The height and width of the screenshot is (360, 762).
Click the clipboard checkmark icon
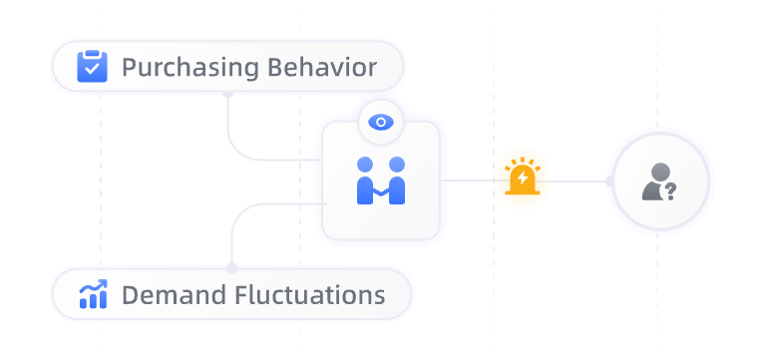tap(92, 67)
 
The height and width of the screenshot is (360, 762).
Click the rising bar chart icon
tap(92, 294)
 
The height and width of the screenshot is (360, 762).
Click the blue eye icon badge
tap(380, 122)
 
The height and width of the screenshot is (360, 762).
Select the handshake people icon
tap(381, 180)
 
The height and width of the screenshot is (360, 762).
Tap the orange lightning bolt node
tap(523, 179)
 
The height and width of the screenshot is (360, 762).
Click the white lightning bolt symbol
tap(523, 179)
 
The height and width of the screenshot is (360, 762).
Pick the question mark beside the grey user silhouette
tap(670, 189)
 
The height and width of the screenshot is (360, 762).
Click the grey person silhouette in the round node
tap(653, 181)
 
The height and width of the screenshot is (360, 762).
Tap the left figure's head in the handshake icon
tap(365, 165)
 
